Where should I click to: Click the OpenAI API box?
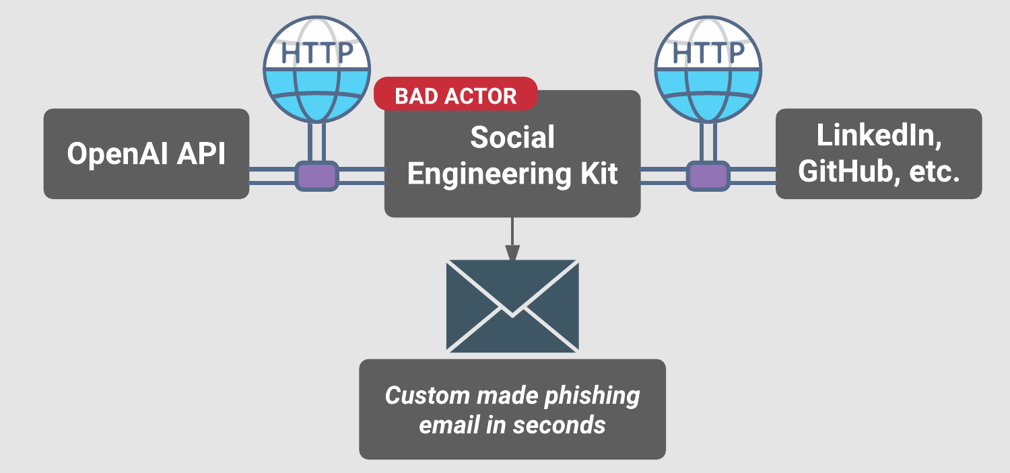click(146, 153)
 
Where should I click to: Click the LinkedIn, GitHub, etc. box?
click(879, 153)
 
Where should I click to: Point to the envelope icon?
click(512, 306)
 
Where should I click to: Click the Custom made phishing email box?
click(512, 409)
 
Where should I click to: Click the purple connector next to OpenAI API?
click(316, 176)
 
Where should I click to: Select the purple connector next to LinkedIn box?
click(708, 176)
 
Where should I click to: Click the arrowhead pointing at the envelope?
click(512, 252)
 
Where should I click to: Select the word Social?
click(512, 137)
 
